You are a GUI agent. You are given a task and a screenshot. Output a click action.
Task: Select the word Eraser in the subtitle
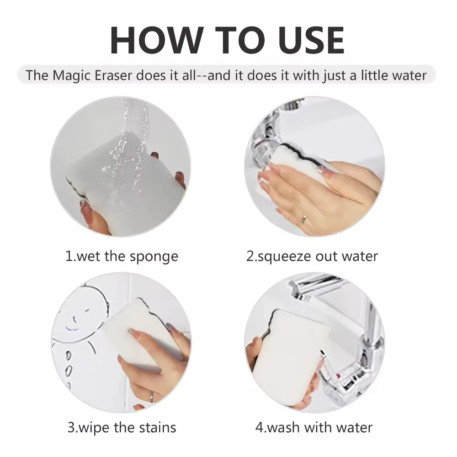coord(113,75)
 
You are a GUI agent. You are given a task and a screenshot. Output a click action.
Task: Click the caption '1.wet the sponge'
coord(122,257)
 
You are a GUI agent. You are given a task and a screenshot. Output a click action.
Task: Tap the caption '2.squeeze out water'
coord(312,257)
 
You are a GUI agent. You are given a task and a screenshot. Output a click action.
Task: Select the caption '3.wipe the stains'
coord(122,428)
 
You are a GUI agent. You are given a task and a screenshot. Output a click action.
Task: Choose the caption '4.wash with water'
coord(314,428)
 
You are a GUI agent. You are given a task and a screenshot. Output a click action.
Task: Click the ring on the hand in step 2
coord(303,219)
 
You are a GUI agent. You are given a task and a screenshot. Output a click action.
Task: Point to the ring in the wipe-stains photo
coord(152,396)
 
